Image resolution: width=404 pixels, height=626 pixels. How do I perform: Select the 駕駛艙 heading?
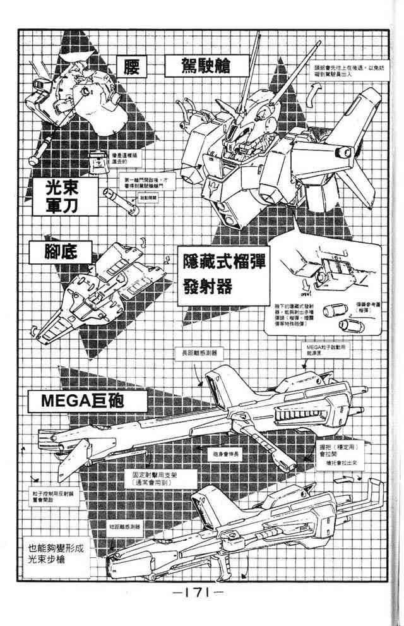pos(198,66)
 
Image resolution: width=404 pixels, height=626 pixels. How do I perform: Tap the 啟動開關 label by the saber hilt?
pos(144,197)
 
